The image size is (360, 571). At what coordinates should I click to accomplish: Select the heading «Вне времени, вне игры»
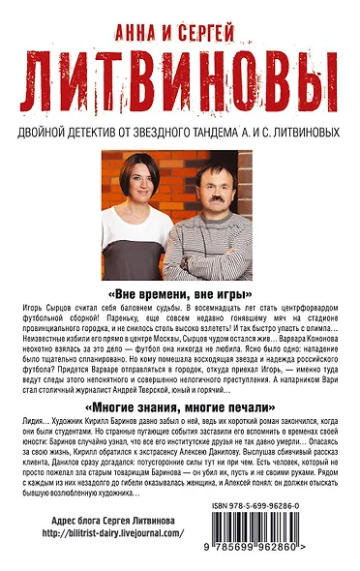[x=179, y=293]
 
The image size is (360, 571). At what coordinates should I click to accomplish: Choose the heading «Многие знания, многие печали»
[x=179, y=408]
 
